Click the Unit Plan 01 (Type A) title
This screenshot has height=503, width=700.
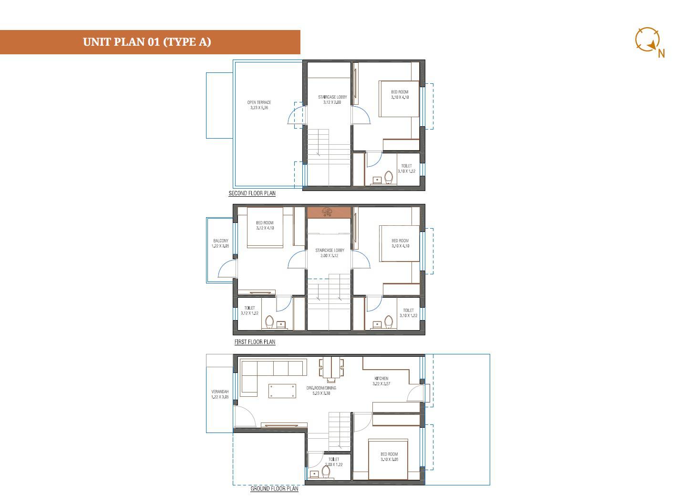[147, 42]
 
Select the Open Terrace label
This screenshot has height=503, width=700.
[259, 102]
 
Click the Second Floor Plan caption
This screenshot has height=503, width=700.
[252, 193]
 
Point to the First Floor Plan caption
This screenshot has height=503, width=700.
[255, 342]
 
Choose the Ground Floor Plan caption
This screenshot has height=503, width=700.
[274, 489]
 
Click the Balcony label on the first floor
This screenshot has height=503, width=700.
[220, 241]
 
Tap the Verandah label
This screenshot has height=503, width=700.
[220, 392]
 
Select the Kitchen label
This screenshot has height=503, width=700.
[381, 378]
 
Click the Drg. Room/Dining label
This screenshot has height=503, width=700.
[321, 388]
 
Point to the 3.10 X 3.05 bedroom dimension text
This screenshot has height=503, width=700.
[389, 460]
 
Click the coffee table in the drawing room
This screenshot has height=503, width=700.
[282, 391]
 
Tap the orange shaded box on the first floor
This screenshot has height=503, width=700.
[329, 212]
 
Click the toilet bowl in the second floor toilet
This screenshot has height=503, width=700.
[389, 178]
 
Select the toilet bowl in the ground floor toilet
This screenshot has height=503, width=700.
[326, 472]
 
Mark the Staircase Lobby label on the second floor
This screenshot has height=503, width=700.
[332, 97]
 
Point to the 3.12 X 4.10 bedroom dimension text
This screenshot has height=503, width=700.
[265, 228]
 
